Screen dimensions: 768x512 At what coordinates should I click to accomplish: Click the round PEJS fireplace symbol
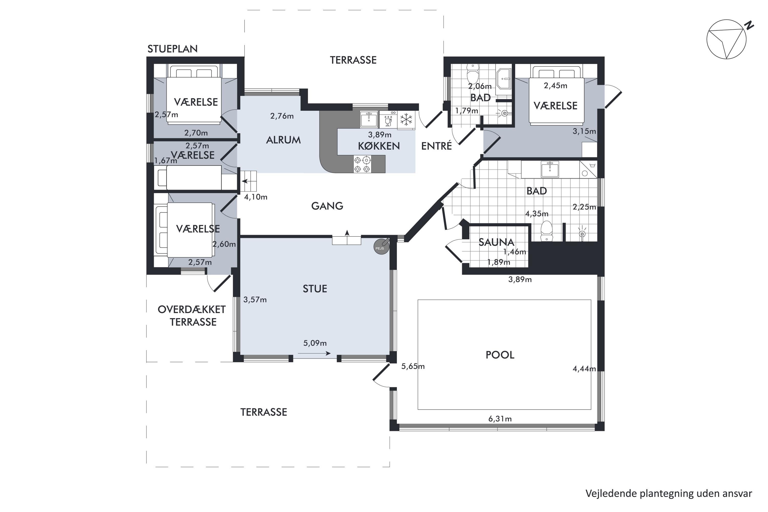coord(381,247)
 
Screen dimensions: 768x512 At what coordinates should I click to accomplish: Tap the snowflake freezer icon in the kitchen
coord(406,120)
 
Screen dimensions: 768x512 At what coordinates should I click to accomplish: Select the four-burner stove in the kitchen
coord(362,164)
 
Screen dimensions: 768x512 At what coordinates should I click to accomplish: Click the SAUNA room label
coord(496,242)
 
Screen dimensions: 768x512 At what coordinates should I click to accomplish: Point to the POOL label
coord(500,355)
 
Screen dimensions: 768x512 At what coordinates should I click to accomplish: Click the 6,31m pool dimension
coord(500,419)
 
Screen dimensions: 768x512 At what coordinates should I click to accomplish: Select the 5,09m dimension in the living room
coord(315,343)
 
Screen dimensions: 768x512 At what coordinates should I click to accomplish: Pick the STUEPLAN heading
coord(172,49)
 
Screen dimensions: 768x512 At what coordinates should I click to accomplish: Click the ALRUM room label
coord(283,140)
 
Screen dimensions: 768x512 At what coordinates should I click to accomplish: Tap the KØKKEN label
coord(379,146)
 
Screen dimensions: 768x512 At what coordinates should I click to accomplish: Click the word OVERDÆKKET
coord(192,310)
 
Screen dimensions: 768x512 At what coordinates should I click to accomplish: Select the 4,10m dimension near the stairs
coord(256,197)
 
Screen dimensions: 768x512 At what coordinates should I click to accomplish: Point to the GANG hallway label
coord(327,206)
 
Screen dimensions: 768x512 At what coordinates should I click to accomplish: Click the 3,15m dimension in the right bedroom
coord(584,131)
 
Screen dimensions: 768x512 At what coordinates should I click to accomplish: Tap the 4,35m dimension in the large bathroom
coord(537,214)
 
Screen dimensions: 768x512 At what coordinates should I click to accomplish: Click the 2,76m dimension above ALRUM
coord(282,116)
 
